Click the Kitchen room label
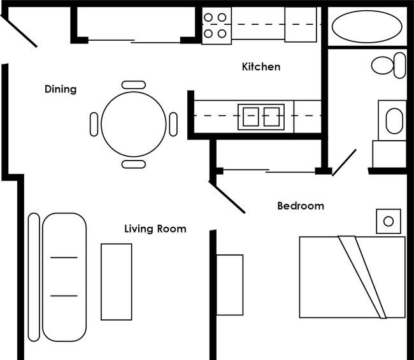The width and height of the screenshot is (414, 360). [x=261, y=66]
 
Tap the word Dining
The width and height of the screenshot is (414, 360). [x=61, y=89]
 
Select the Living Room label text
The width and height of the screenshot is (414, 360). [x=155, y=229]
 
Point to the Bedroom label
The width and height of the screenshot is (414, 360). [x=301, y=206]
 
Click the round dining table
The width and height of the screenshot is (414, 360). [x=134, y=124]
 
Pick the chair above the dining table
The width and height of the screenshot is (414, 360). [x=134, y=85]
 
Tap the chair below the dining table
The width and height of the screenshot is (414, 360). [x=134, y=164]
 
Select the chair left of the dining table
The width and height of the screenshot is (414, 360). [x=94, y=124]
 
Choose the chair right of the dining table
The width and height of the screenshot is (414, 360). [x=173, y=124]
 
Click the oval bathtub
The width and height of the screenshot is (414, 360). [x=367, y=26]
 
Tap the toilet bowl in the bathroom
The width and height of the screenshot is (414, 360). [x=382, y=65]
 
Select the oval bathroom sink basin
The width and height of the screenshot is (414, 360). [x=394, y=120]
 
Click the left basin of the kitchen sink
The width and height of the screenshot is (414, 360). [x=251, y=117]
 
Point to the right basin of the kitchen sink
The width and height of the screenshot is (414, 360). [x=271, y=117]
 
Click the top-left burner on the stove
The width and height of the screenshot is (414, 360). [x=208, y=17]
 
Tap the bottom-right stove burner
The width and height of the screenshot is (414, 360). [x=222, y=34]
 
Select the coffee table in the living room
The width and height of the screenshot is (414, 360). [x=117, y=282]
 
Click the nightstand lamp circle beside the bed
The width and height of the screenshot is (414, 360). [x=389, y=221]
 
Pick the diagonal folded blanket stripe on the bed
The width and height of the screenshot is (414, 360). [x=362, y=277]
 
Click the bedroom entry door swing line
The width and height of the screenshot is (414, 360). [x=227, y=197]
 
